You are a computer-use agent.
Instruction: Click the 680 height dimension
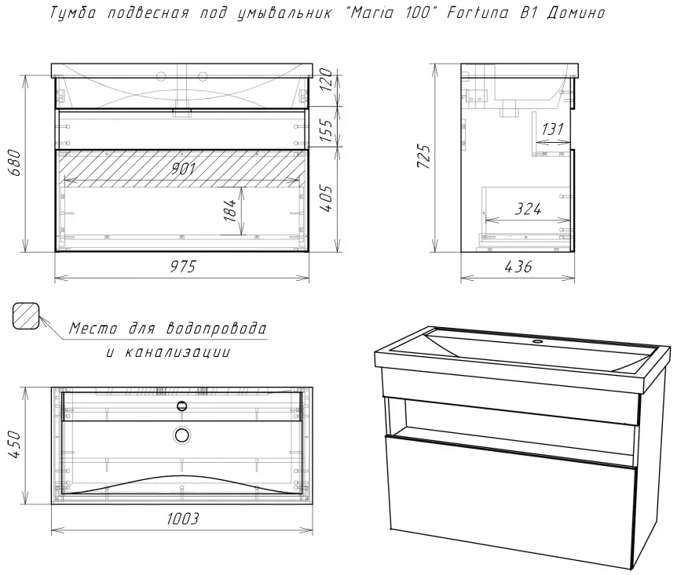pyautogui.click(x=14, y=162)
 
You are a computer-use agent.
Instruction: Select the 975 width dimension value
pyautogui.click(x=183, y=267)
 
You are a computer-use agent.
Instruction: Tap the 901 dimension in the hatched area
pyautogui.click(x=183, y=169)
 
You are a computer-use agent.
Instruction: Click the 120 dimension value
pyautogui.click(x=327, y=80)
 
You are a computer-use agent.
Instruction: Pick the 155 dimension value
pyautogui.click(x=327, y=129)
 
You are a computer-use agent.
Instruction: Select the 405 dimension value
pyautogui.click(x=327, y=198)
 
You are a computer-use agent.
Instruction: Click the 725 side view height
pyautogui.click(x=423, y=156)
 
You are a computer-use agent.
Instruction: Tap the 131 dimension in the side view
pyautogui.click(x=552, y=129)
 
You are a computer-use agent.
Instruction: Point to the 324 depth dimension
pyautogui.click(x=528, y=209)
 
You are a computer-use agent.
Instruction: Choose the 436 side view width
pyautogui.click(x=518, y=267)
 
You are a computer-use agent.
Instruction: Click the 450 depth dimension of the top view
pyautogui.click(x=14, y=444)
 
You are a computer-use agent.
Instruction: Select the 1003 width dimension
pyautogui.click(x=183, y=519)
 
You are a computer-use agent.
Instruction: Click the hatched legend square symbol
pyautogui.click(x=26, y=316)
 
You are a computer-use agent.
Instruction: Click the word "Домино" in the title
pyautogui.click(x=576, y=13)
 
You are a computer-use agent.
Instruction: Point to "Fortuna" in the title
pyautogui.click(x=478, y=13)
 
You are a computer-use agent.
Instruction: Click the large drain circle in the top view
pyautogui.click(x=182, y=435)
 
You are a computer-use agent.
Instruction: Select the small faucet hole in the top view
pyautogui.click(x=182, y=406)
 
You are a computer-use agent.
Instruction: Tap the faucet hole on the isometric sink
pyautogui.click(x=537, y=342)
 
